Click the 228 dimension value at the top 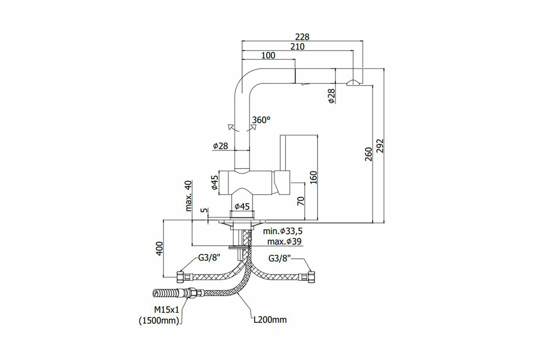[302, 37]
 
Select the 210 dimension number [297, 46]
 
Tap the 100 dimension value [268, 55]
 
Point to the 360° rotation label [261, 120]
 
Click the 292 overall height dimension [380, 146]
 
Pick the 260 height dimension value [369, 154]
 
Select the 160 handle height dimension [313, 177]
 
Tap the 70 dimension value [301, 201]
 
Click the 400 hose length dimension [160, 248]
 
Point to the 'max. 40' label [189, 196]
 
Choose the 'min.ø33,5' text [283, 231]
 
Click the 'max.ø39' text [284, 241]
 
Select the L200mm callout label [270, 320]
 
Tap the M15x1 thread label [167, 310]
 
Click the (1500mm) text [159, 321]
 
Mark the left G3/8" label [209, 258]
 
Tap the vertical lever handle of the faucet [283, 153]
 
